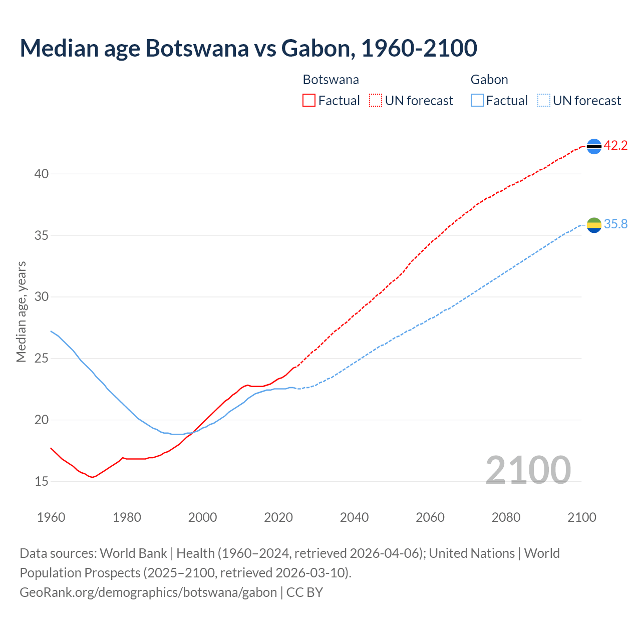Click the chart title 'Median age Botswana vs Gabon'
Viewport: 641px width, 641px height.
[248, 48]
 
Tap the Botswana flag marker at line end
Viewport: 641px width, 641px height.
[594, 146]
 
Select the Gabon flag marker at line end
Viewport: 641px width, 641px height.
[594, 225]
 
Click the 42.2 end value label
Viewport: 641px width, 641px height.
[615, 146]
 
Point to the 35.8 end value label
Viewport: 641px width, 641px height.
[615, 224]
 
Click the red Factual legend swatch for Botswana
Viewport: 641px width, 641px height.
[309, 101]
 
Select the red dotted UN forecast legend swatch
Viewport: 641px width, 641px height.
[375, 101]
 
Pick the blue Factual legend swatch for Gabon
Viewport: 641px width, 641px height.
[477, 101]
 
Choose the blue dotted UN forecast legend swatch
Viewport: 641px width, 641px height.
[543, 101]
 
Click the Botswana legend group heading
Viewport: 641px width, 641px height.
[331, 80]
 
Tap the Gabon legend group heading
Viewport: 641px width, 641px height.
[489, 80]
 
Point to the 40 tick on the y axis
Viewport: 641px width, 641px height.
[42, 174]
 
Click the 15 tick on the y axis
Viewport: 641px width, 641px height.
[42, 481]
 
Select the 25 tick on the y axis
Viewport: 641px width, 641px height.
[42, 359]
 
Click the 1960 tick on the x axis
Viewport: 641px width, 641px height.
[51, 517]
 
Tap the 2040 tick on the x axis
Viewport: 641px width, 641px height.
[354, 517]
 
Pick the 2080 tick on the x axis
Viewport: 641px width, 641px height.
[506, 517]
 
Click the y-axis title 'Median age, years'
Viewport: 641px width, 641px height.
[21, 311]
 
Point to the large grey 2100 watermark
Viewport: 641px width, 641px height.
[528, 470]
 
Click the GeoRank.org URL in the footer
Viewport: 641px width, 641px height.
[148, 592]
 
